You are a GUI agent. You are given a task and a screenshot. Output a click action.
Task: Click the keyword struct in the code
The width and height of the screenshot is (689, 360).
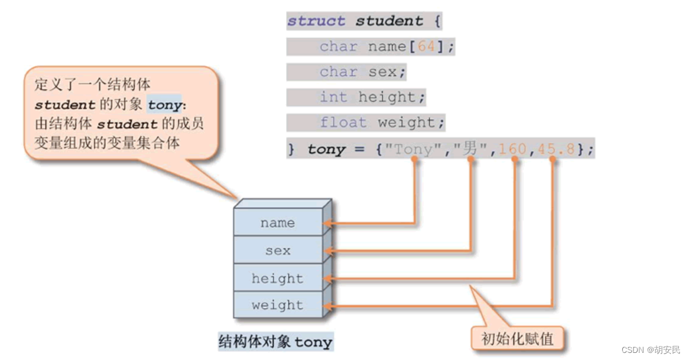coord(316,21)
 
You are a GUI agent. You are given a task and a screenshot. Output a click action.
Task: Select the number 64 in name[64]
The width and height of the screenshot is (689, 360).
coord(426,46)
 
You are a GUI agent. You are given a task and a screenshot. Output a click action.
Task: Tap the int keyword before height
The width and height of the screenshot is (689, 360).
coord(334,97)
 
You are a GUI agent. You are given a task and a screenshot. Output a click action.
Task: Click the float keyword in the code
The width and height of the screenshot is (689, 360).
coord(343,122)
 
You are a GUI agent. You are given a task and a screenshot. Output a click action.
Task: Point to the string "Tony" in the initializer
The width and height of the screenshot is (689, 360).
coord(413,149)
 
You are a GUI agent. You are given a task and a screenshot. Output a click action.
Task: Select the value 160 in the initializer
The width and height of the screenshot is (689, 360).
coord(512,149)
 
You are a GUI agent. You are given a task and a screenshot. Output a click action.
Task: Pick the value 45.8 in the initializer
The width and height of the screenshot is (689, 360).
coord(555,149)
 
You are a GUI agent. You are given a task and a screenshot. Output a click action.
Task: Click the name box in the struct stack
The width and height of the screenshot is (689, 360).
coord(278,223)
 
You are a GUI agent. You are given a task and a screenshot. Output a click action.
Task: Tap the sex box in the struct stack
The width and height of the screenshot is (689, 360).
coord(278,251)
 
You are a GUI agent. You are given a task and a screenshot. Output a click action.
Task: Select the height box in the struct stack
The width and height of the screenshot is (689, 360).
coord(278,278)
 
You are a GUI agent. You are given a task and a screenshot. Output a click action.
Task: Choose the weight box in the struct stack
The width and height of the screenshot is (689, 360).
coord(278,305)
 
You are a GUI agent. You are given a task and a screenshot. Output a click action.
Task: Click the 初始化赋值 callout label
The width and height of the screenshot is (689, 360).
coord(518,339)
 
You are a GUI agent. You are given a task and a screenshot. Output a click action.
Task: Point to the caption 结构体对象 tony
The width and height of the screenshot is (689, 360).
coord(275,342)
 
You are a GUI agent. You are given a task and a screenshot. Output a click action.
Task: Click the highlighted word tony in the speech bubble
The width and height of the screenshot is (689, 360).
coord(164,105)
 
